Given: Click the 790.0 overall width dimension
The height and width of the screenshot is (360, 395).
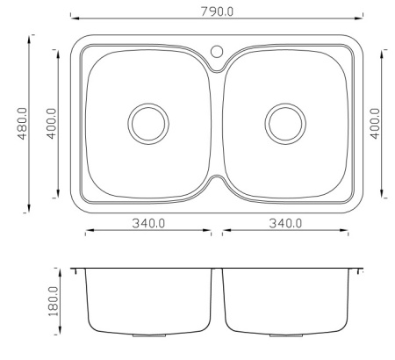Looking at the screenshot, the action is click(217, 11).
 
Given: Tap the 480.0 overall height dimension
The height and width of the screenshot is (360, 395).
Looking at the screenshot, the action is click(23, 124).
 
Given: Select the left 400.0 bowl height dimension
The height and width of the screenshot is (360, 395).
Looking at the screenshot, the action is click(52, 124).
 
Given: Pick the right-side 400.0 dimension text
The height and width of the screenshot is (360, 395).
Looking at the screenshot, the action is click(375, 124).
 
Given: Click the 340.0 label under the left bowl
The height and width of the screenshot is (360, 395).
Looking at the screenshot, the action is click(148, 223).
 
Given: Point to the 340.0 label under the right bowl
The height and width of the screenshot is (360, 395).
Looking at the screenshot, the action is click(285, 223).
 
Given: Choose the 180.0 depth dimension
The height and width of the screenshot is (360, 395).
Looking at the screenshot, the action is click(54, 301).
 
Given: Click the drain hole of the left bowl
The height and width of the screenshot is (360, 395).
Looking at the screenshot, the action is click(148, 124).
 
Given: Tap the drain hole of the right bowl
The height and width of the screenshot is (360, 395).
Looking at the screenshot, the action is click(285, 124).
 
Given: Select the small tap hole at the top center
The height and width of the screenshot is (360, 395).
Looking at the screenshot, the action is click(217, 51).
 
